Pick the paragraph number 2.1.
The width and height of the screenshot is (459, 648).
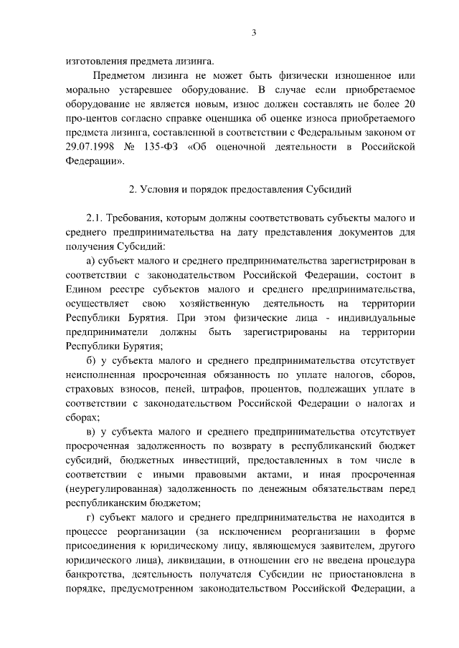95,217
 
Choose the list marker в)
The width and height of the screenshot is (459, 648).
90,431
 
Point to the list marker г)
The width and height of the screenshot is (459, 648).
90,516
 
